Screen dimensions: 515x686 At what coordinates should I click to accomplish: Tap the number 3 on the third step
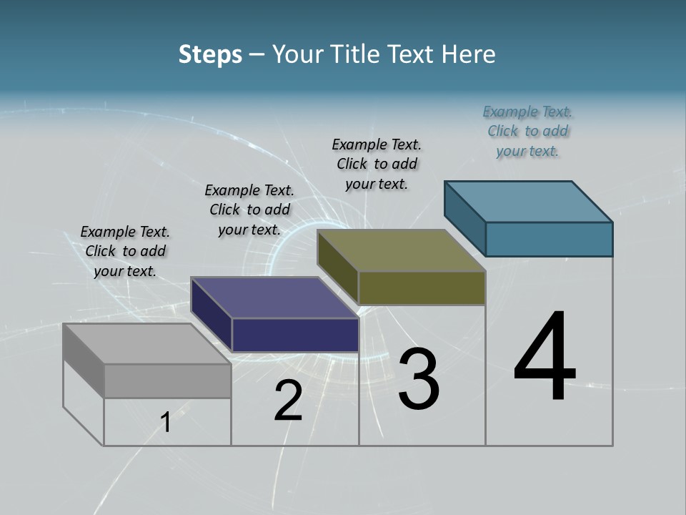(418, 379)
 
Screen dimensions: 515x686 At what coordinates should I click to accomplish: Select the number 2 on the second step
(288, 401)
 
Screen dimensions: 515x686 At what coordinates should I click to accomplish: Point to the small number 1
(166, 423)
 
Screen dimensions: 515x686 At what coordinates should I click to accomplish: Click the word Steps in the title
(210, 54)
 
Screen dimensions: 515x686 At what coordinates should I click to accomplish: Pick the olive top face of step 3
(401, 250)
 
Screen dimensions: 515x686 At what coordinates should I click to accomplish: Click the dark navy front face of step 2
(295, 335)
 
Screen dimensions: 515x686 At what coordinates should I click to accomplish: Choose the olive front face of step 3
(422, 288)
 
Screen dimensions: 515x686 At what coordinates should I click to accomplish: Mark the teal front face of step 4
(549, 239)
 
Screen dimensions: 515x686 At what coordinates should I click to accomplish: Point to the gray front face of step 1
(167, 381)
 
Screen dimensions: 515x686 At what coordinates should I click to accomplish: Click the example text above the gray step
(125, 251)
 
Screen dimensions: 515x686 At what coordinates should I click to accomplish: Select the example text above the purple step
(249, 210)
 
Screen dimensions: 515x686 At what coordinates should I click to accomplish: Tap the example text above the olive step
(377, 164)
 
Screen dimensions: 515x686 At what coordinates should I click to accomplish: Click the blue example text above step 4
(527, 131)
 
